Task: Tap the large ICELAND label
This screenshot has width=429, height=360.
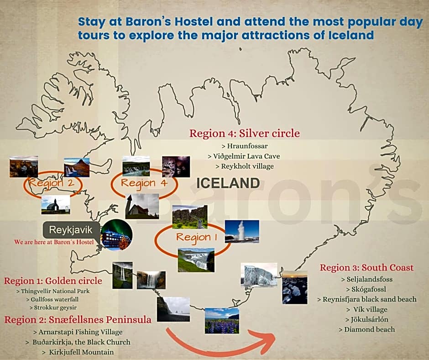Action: tap(228, 183)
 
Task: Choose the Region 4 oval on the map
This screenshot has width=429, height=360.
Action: tap(144, 184)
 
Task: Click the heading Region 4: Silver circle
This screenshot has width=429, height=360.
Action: tap(245, 133)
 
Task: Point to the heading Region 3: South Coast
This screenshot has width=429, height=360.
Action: tap(366, 268)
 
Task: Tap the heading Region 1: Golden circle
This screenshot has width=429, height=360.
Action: tap(53, 281)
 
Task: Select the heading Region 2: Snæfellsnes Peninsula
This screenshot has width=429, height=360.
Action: tap(78, 320)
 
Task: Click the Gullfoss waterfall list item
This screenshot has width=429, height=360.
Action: tap(55, 299)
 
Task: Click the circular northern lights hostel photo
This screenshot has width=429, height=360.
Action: tap(116, 235)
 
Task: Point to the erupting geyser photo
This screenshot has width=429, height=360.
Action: tap(241, 231)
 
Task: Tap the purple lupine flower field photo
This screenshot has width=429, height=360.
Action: tap(221, 320)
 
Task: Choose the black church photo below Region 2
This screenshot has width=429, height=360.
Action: tap(56, 205)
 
